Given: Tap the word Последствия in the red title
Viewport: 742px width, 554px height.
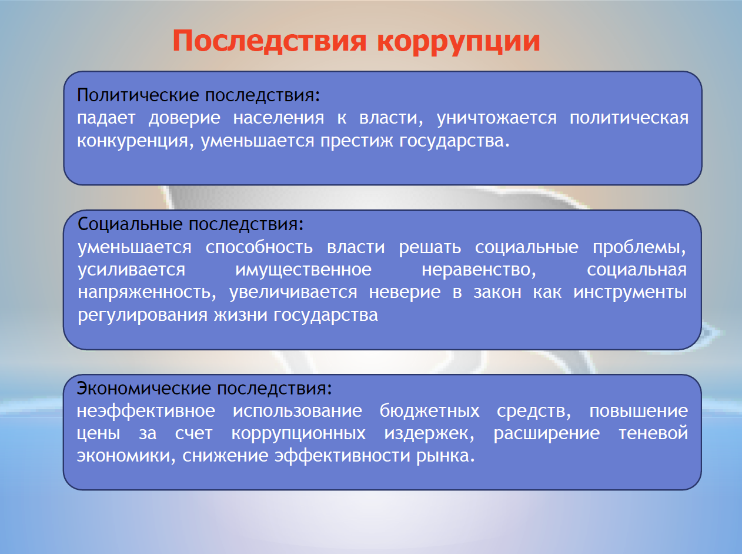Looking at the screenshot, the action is (x=269, y=41).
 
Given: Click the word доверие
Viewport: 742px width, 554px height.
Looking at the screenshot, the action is (x=184, y=119).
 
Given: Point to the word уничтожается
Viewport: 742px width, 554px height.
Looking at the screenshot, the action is (x=497, y=118).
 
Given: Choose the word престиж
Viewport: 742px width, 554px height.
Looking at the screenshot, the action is (x=357, y=141).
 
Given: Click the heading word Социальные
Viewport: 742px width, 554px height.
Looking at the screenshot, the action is (x=130, y=224).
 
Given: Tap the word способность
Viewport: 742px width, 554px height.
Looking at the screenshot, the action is (x=259, y=247).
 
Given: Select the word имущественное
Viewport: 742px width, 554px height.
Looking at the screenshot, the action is (x=303, y=270).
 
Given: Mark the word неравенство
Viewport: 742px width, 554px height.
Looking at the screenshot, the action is (x=479, y=270).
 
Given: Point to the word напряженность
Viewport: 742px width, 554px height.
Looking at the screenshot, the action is (x=147, y=293).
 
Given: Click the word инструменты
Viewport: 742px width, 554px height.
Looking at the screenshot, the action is (x=630, y=293).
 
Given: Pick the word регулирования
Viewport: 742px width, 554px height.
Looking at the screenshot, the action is (x=143, y=316).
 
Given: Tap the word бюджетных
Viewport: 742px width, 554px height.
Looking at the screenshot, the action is (x=429, y=412).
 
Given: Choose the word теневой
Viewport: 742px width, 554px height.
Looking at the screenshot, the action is (x=653, y=433).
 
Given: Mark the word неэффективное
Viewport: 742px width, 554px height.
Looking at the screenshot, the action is (x=146, y=412).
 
